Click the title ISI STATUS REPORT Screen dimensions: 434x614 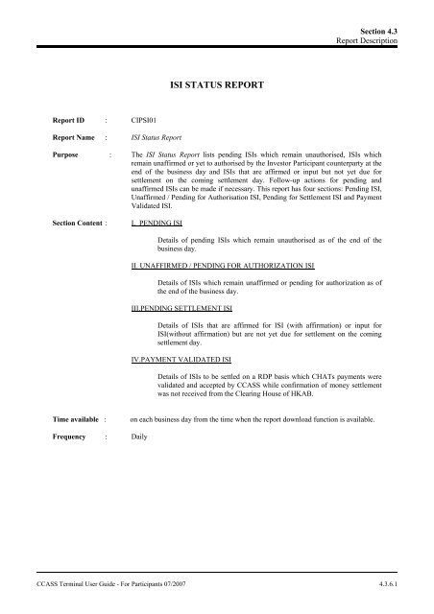coord(216,84)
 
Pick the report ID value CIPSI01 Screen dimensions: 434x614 coord(146,122)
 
